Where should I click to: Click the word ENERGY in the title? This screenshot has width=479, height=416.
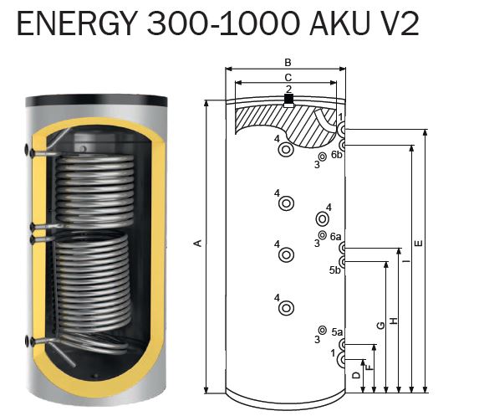point(76,24)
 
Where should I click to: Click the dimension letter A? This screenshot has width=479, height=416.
point(198,244)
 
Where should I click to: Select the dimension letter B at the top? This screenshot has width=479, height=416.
point(288,63)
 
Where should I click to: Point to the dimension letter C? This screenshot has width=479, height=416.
point(288,77)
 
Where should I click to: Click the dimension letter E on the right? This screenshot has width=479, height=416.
point(419,244)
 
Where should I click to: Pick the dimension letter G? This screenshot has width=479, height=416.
point(381,325)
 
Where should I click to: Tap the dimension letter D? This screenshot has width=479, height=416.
point(356,375)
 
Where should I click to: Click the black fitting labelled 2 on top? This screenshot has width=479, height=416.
point(288,99)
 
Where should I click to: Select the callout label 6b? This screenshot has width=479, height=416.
point(337,155)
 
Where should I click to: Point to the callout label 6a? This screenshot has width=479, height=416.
point(336,236)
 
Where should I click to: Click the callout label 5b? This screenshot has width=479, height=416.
point(335,270)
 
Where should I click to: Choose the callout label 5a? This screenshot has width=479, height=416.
point(337,332)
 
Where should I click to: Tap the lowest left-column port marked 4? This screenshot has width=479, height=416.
point(286,308)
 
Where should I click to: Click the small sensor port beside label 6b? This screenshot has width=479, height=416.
point(322,157)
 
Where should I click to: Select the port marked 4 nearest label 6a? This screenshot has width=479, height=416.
point(322,219)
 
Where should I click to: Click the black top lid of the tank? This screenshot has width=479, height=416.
point(96,100)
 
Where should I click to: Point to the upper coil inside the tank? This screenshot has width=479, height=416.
point(94,190)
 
